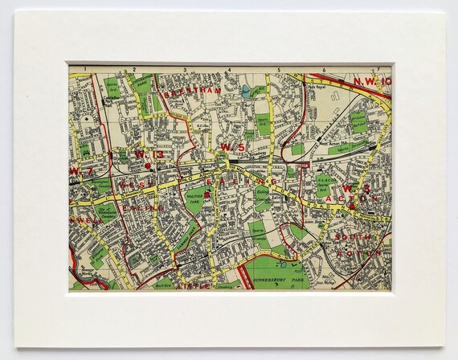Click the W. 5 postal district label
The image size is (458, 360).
click(x=231, y=147)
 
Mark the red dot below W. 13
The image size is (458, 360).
click(x=149, y=166)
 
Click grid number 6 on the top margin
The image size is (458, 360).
click(x=325, y=69)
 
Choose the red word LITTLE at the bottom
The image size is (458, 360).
click(x=195, y=284)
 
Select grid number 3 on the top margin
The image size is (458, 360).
click(x=181, y=69)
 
